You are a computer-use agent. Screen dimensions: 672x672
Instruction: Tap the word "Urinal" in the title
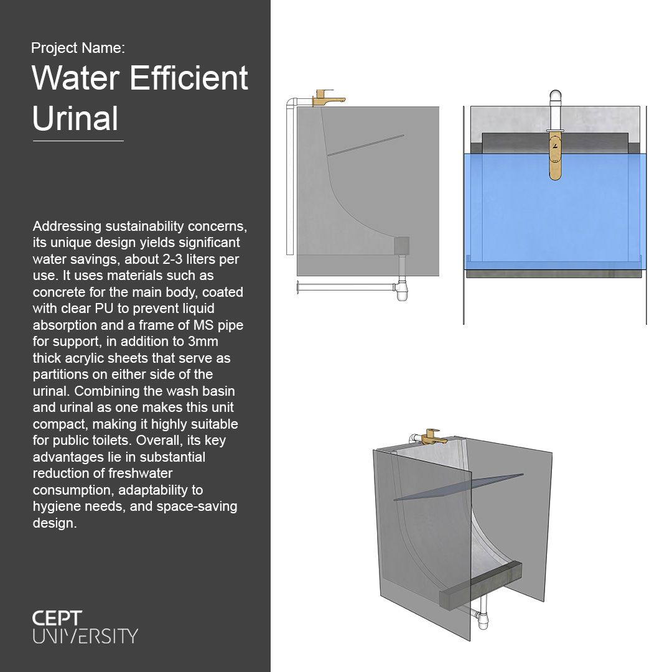tap(75, 118)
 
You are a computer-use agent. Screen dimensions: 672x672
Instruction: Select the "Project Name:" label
tap(78, 48)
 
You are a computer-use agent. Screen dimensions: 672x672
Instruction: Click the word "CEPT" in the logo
tap(57, 618)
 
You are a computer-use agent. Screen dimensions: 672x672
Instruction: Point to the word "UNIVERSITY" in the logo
tap(85, 636)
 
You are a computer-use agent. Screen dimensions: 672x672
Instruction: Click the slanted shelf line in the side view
tap(366, 144)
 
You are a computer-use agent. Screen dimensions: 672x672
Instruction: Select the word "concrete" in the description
tap(56, 291)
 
